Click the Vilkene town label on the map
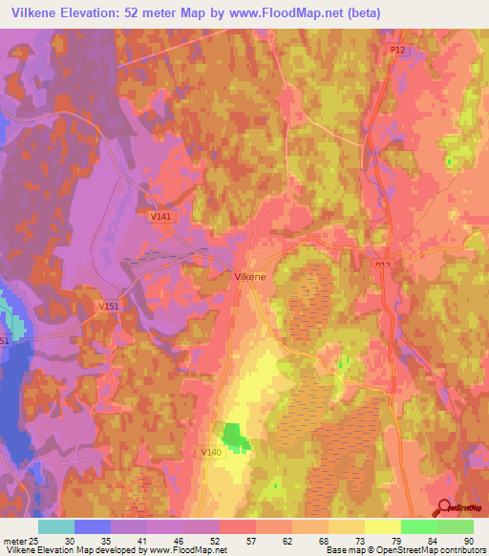click(x=250, y=275)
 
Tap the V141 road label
click(x=160, y=218)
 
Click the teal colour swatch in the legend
click(x=56, y=526)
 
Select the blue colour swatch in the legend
click(x=93, y=526)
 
